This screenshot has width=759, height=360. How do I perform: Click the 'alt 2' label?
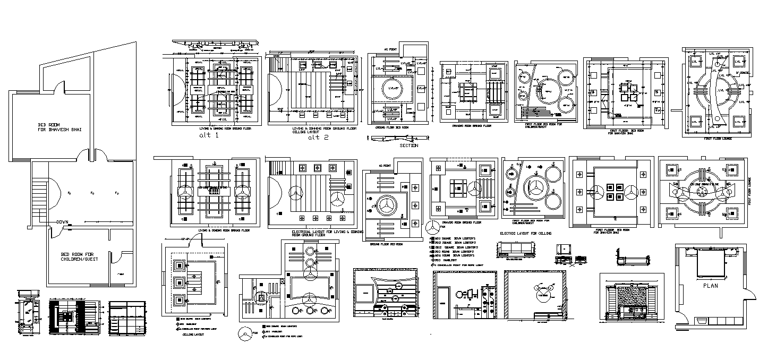[319, 137]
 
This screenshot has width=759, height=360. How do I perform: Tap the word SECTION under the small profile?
[408, 145]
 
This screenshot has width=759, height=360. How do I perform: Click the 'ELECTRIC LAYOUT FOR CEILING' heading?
[526, 233]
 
